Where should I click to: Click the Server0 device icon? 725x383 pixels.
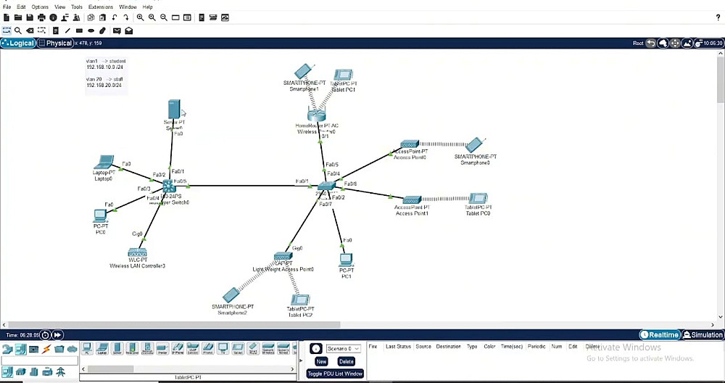click(173, 109)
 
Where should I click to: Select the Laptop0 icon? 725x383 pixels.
click(104, 162)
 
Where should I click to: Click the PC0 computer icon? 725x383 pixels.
click(100, 215)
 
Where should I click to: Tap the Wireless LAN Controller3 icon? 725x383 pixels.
click(137, 253)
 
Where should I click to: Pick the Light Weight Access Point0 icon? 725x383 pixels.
click(283, 257)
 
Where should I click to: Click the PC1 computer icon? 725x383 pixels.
click(346, 260)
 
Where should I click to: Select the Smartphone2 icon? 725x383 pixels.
click(231, 295)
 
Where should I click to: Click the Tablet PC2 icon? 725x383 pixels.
click(299, 300)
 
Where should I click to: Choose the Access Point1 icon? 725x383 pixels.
click(412, 199)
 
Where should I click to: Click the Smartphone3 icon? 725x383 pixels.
click(475, 144)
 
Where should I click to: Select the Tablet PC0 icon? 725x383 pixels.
click(478, 198)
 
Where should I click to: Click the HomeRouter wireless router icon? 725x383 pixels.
click(317, 113)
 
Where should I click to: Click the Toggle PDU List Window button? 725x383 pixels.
click(335, 374)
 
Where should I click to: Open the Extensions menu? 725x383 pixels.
click(101, 7)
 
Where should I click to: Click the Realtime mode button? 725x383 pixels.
click(660, 335)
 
